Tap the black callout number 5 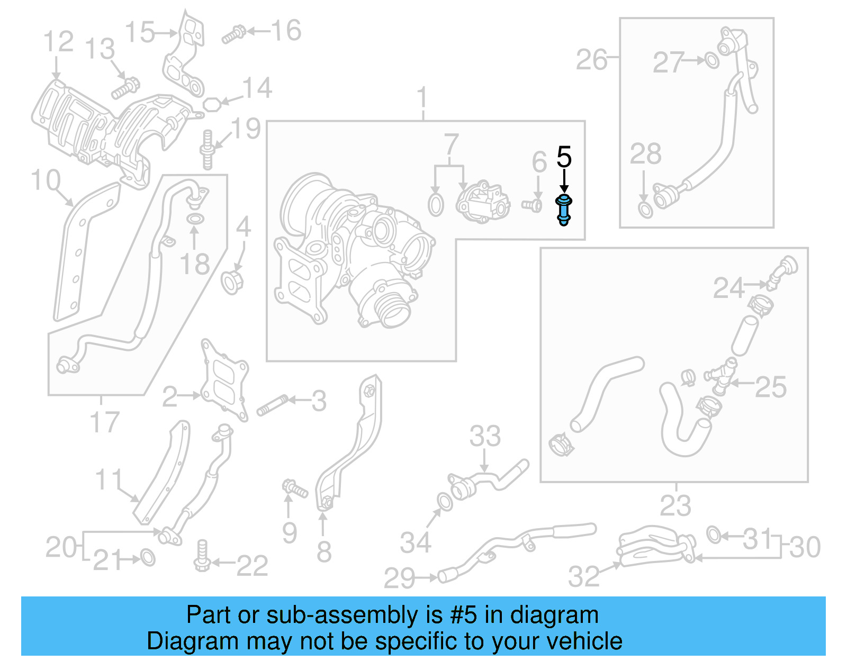(564, 157)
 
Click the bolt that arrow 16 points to (232, 35)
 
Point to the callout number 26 (591, 59)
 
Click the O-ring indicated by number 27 (713, 61)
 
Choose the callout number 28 (645, 154)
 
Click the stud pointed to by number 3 (272, 405)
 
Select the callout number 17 (104, 422)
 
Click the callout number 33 (485, 437)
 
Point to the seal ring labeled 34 (445, 501)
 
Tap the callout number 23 (675, 505)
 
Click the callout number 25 (771, 387)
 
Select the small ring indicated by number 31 (714, 535)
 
